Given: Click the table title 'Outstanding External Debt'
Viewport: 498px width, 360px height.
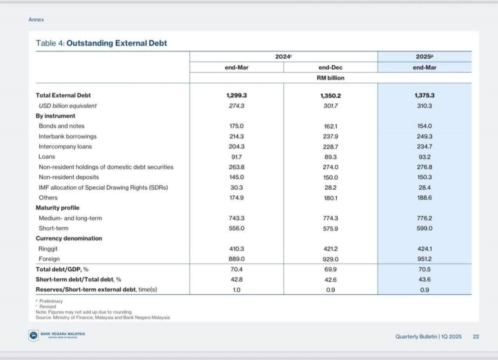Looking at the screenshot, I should [x=117, y=43].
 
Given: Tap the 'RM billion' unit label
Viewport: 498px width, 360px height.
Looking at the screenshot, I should [x=331, y=78].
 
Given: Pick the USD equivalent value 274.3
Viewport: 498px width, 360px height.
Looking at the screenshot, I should [x=237, y=106].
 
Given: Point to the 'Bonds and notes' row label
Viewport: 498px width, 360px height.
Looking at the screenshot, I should [x=62, y=126].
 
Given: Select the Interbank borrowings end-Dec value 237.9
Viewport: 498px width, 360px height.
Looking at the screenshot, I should [x=331, y=136].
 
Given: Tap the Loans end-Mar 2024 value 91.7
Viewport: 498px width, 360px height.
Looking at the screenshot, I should [x=237, y=156].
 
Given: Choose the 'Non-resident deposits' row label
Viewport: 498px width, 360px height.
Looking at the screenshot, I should [x=69, y=177].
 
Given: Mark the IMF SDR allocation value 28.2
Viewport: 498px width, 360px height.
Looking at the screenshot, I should [x=331, y=187].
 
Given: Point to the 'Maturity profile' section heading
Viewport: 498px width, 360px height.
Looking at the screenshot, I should [x=58, y=208].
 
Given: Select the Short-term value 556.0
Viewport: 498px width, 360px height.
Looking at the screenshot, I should [x=237, y=228].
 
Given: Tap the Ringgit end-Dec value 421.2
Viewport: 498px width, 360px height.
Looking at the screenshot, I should [x=331, y=248].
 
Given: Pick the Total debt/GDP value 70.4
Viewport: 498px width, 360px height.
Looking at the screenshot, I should [x=237, y=269].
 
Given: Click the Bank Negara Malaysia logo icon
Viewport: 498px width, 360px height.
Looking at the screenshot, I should [x=33, y=335].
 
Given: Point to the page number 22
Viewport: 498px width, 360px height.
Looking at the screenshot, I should [x=476, y=337].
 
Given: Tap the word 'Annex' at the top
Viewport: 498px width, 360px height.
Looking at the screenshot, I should [x=36, y=20].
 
